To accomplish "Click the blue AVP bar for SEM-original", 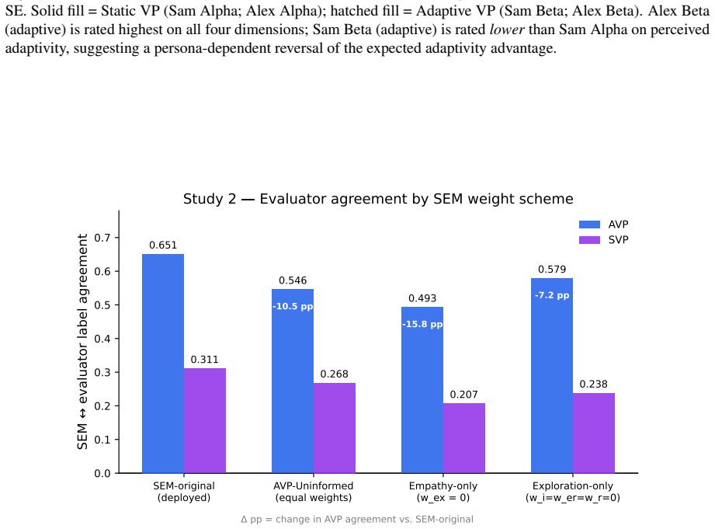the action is [163, 364].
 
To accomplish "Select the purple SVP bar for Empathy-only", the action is [463, 438].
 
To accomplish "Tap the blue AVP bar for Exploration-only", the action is [552, 376].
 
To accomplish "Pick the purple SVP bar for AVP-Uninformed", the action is [335, 428].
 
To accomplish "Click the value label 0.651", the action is [163, 245].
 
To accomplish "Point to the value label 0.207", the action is [463, 395].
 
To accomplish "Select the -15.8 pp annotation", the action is [422, 324].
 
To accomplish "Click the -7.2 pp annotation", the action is [552, 295].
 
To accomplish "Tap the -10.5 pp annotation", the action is [293, 306].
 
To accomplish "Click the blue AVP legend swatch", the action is [589, 224].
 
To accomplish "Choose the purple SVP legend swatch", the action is [589, 240].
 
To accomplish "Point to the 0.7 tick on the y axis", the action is [102, 238].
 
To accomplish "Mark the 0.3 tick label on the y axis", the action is [102, 372].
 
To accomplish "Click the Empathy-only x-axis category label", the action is [443, 492].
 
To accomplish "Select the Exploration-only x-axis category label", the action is [573, 492].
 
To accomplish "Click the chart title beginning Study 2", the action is [378, 199].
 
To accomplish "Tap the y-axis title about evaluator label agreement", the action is [82, 342].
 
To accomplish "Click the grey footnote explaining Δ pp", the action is [357, 520].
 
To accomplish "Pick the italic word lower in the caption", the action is [507, 30].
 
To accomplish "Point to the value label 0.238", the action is [593, 385].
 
